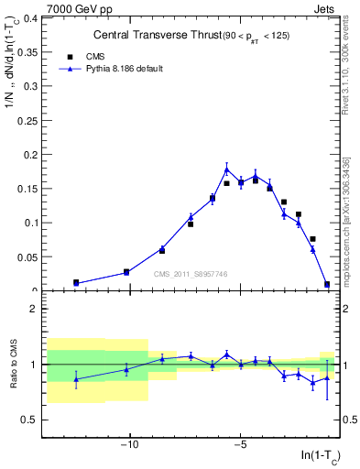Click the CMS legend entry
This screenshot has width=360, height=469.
pos(94,55)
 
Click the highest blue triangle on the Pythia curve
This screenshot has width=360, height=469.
pos(226,169)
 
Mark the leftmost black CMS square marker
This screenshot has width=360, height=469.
pos(76,283)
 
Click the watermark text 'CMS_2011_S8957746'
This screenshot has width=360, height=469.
pos(191,273)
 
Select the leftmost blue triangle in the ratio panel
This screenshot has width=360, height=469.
pos(76,379)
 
